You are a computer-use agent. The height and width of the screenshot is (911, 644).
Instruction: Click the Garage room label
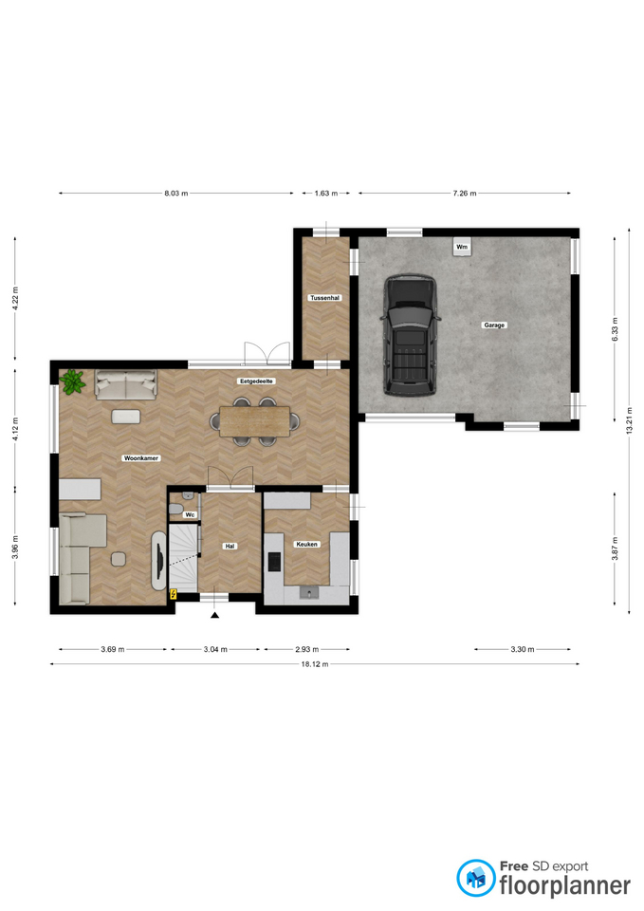[494, 325]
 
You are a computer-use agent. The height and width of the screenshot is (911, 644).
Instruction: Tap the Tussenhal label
[325, 298]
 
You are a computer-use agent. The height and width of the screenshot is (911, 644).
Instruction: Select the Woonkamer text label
[141, 458]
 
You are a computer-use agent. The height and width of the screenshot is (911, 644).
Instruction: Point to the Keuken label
[306, 545]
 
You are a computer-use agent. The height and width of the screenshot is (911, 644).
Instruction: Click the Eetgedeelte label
[255, 381]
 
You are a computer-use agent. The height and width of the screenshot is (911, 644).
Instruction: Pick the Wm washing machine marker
[462, 247]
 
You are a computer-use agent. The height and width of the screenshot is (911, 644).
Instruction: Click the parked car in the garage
[411, 336]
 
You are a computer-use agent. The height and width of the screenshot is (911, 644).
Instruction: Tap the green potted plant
[72, 381]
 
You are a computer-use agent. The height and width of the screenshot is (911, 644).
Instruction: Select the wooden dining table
[255, 420]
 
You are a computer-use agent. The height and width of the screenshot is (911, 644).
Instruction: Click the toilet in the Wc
[175, 510]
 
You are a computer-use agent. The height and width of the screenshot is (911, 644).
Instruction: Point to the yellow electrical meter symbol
[173, 594]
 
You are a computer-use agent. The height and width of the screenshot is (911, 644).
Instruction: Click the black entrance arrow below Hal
[215, 615]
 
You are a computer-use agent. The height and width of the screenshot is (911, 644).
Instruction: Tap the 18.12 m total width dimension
[315, 664]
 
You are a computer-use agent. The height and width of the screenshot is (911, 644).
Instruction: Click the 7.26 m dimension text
[465, 194]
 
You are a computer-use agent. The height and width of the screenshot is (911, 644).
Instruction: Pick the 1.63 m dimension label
[325, 194]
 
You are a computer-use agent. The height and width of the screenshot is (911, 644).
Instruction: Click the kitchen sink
[309, 592]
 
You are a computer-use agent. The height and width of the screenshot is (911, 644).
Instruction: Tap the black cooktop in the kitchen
[274, 561]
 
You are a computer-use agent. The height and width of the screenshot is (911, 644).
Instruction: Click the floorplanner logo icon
[476, 878]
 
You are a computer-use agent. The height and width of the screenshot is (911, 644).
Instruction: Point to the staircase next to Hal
[183, 558]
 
